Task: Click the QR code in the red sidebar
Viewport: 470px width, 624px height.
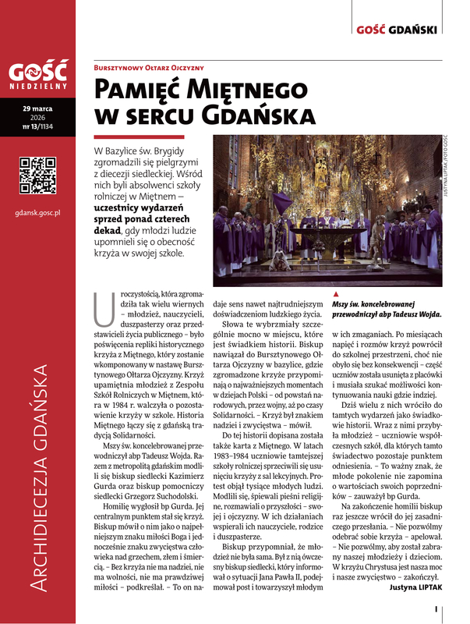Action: coord(37,175)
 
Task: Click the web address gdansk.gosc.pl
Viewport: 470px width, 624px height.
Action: coord(37,211)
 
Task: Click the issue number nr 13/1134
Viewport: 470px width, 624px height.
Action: coord(37,126)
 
